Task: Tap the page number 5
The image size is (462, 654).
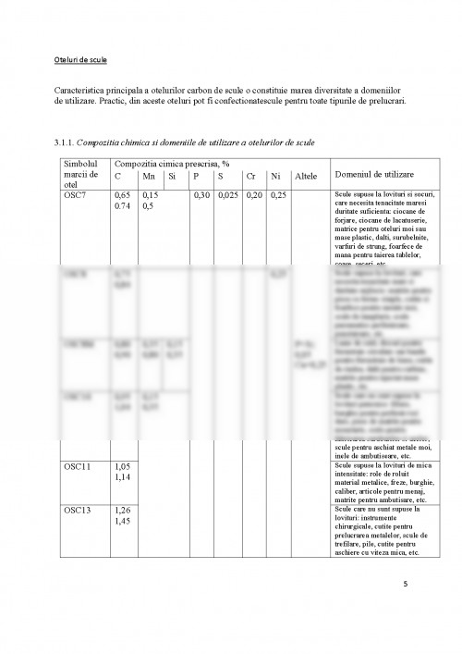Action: click(x=404, y=583)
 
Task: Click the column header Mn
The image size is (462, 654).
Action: click(x=149, y=175)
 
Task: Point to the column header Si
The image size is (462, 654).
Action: click(x=173, y=175)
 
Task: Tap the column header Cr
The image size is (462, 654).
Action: click(x=253, y=175)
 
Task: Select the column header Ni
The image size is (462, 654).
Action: click(x=274, y=175)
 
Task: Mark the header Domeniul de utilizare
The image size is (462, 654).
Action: click(x=374, y=174)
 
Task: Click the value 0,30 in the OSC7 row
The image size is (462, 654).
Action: click(x=202, y=196)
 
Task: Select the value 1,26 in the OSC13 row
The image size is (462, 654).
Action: click(x=123, y=510)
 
